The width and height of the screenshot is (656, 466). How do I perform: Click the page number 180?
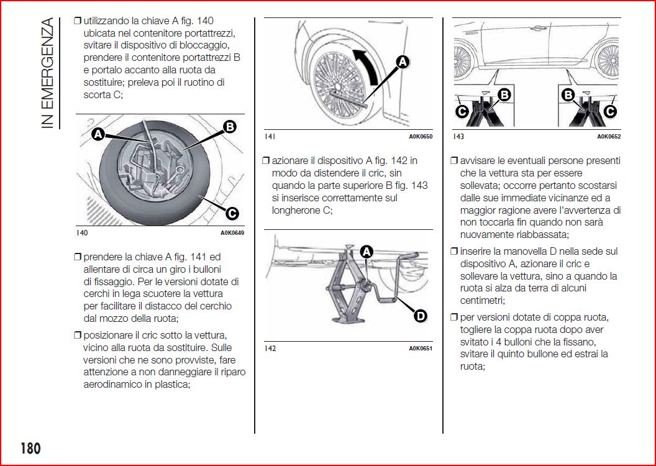click(30, 447)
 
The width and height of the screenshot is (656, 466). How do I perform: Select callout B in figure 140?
click(229, 127)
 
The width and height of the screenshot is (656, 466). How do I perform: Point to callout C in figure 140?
click(232, 214)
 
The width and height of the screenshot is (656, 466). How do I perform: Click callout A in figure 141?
click(402, 61)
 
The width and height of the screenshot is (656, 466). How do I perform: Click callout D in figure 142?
click(421, 316)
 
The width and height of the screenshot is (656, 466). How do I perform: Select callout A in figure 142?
click(367, 252)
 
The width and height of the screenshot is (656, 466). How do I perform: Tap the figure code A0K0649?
click(232, 234)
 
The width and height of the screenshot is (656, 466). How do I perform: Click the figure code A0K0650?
click(421, 137)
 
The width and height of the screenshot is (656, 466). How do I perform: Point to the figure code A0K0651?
click(421, 349)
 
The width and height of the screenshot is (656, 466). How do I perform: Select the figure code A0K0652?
click(609, 137)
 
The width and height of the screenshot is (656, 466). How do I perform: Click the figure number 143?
click(458, 137)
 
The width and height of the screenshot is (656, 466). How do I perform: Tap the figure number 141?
click(270, 137)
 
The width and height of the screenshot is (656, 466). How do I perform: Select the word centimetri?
click(485, 300)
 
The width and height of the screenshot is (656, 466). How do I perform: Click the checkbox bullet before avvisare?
click(453, 161)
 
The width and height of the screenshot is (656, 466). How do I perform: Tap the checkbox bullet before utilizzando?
click(77, 21)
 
